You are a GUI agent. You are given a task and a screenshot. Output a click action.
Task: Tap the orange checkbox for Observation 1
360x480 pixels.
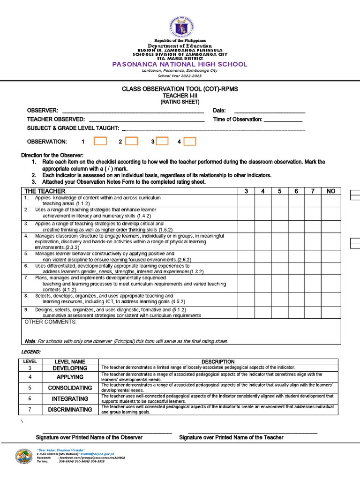coord(100,141)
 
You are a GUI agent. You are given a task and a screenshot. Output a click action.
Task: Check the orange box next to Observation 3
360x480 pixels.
coord(162,141)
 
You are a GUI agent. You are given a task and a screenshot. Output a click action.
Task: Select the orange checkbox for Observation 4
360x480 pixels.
coord(190,142)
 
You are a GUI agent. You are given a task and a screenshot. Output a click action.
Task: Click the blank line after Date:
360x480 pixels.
coord(270,111)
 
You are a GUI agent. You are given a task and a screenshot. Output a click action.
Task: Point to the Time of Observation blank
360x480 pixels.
coord(283,120)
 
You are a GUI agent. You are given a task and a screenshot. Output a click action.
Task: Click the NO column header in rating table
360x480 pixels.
coord(331,191)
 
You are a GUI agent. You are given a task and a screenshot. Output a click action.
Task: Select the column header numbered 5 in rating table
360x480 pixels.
coord(279,191)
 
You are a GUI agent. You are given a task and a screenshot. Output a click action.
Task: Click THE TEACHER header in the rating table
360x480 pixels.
coord(45,191)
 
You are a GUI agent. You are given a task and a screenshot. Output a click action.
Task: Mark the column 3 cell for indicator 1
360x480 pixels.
coord(246,201)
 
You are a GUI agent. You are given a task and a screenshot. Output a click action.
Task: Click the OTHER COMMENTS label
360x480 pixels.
coord(50,322)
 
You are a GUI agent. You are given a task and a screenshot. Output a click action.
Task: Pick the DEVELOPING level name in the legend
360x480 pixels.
coord(70,368)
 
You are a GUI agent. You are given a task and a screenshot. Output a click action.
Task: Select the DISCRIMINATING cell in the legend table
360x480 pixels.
coord(70,409)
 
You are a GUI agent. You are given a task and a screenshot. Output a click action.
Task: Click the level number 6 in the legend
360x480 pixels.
coord(30,398)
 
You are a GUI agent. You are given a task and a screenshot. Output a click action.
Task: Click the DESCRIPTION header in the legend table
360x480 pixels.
coord(218,362)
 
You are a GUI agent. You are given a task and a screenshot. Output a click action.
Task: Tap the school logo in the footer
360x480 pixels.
coord(24,457)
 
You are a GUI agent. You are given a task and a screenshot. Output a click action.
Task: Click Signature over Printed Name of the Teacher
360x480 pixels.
coord(231,437)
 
